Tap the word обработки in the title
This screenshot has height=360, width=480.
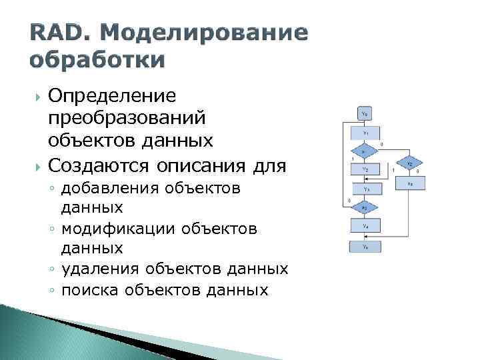[97, 59]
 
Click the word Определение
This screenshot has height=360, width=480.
[112, 96]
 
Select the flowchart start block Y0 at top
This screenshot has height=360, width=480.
[365, 113]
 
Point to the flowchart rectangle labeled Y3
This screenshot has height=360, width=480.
[365, 189]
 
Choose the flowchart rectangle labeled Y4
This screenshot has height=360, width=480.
[365, 227]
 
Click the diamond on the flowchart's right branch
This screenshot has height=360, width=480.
[410, 163]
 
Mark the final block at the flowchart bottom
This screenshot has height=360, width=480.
[365, 247]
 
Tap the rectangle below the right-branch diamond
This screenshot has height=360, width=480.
[410, 183]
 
